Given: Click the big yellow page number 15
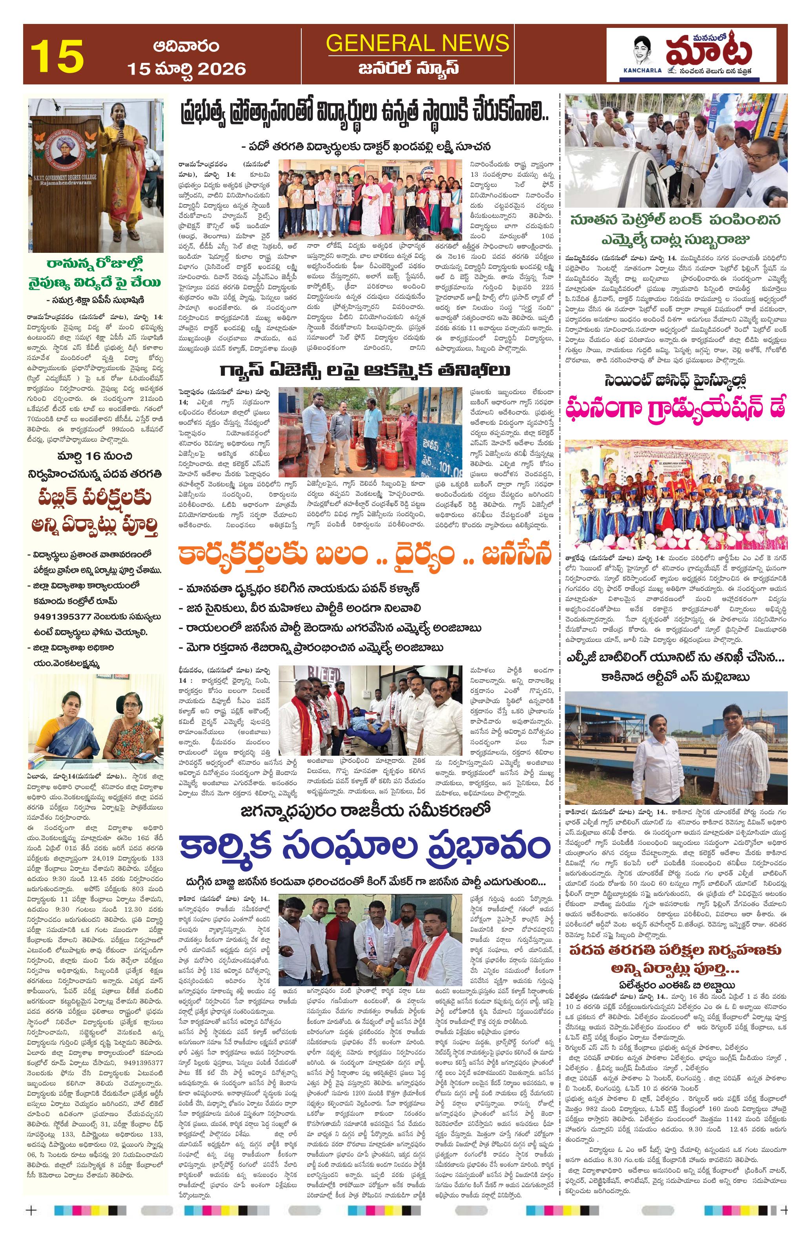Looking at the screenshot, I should [x=57, y=55].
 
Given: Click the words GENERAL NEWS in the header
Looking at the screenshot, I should [x=417, y=42].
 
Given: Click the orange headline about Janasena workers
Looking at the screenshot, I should [x=364, y=555].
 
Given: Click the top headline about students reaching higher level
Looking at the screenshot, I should [x=364, y=113].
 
